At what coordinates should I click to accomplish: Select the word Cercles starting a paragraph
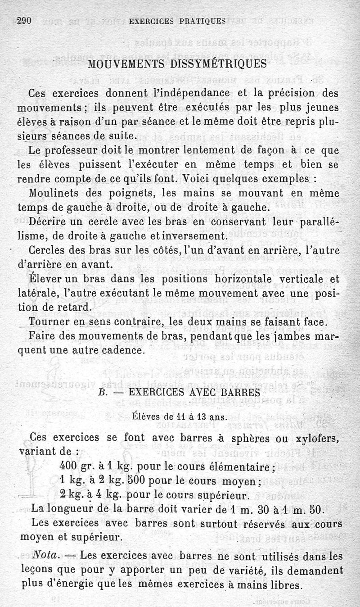pyautogui.click(x=48, y=250)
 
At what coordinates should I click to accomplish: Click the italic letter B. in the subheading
pyautogui.click(x=102, y=392)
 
